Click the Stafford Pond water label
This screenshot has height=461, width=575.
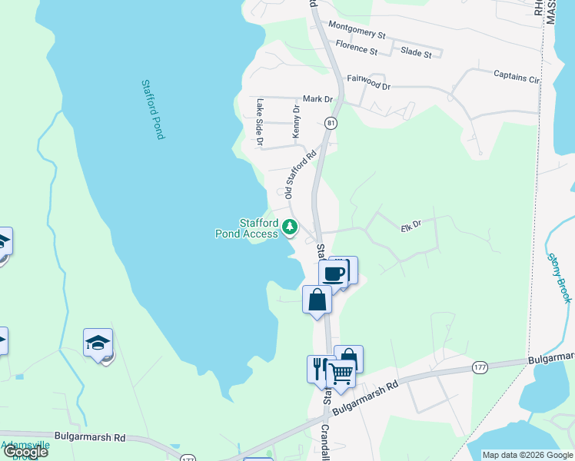(153, 109)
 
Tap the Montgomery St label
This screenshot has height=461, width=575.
(357, 30)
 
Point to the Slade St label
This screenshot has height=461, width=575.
(416, 52)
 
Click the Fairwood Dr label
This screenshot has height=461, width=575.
(369, 81)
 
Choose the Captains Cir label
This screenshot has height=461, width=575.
(517, 76)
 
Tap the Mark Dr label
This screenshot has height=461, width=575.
(317, 99)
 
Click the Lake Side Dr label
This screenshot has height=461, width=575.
(261, 122)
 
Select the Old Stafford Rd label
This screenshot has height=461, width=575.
(301, 175)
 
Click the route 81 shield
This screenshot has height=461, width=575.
(331, 123)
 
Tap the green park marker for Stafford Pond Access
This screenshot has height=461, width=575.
(290, 227)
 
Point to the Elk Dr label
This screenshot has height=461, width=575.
(412, 225)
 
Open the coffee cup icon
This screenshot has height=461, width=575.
(334, 274)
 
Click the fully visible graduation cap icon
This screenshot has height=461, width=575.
(98, 342)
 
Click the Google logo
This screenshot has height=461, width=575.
(25, 452)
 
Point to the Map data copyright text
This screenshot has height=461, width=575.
(527, 455)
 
